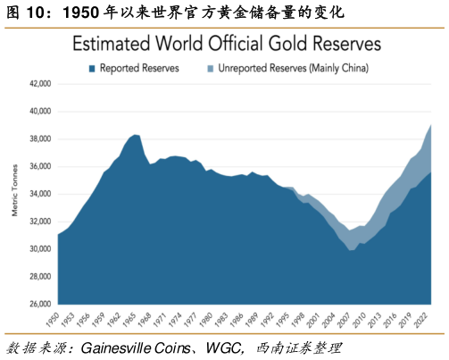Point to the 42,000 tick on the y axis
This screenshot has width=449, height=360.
click(40, 84)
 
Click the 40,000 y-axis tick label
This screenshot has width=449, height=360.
click(40, 112)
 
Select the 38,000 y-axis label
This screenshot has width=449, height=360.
click(40, 139)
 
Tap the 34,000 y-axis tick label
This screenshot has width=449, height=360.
click(40, 194)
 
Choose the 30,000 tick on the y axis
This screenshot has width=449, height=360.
click(40, 249)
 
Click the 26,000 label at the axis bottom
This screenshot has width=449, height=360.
click(40, 304)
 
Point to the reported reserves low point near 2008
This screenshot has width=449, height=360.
click(352, 250)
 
